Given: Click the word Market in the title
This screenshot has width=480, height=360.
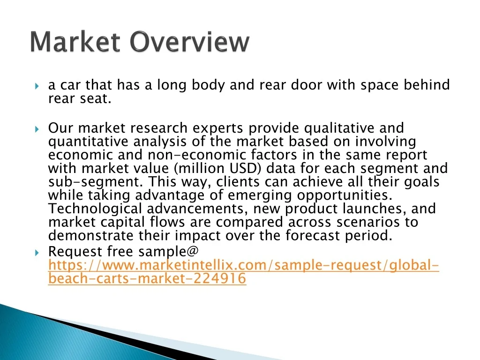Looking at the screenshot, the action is click(75, 42).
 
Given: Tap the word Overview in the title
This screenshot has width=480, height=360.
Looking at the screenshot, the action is click(190, 42).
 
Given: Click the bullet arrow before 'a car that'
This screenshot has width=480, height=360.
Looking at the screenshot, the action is click(37, 86).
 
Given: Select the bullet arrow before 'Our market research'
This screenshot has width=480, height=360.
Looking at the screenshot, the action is click(37, 129).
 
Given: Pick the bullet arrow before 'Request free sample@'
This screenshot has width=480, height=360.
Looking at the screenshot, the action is click(37, 253).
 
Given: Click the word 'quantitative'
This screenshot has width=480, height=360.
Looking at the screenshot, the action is click(88, 142).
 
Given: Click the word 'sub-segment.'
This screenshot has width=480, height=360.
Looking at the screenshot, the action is click(96, 182).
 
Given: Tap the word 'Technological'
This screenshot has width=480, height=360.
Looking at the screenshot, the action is click(95, 209).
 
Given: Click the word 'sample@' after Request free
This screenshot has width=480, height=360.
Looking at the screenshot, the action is click(168, 252).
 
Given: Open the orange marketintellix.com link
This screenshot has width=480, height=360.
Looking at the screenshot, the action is click(244, 271).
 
